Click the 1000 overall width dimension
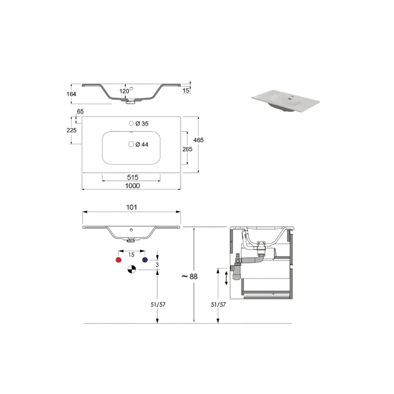pos(132,186)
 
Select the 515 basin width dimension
pos(133,177)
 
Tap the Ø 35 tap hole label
pos(142,123)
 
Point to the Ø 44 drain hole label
pos(142,144)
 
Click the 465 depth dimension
pos(198,140)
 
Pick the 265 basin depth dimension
pos(187,149)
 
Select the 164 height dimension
pos(71,94)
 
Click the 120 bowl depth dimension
pos(124,91)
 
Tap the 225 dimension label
pos(71,130)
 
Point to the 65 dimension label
pos(80,111)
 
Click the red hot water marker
pos(118,260)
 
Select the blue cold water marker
pos(145,260)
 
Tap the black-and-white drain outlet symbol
pos(132,269)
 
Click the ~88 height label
pos(190,276)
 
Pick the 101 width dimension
pos(131,207)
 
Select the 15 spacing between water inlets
pos(131,255)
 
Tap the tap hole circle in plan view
pos(131,123)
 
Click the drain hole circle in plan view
pos(131,144)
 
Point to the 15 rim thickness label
pos(186,91)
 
